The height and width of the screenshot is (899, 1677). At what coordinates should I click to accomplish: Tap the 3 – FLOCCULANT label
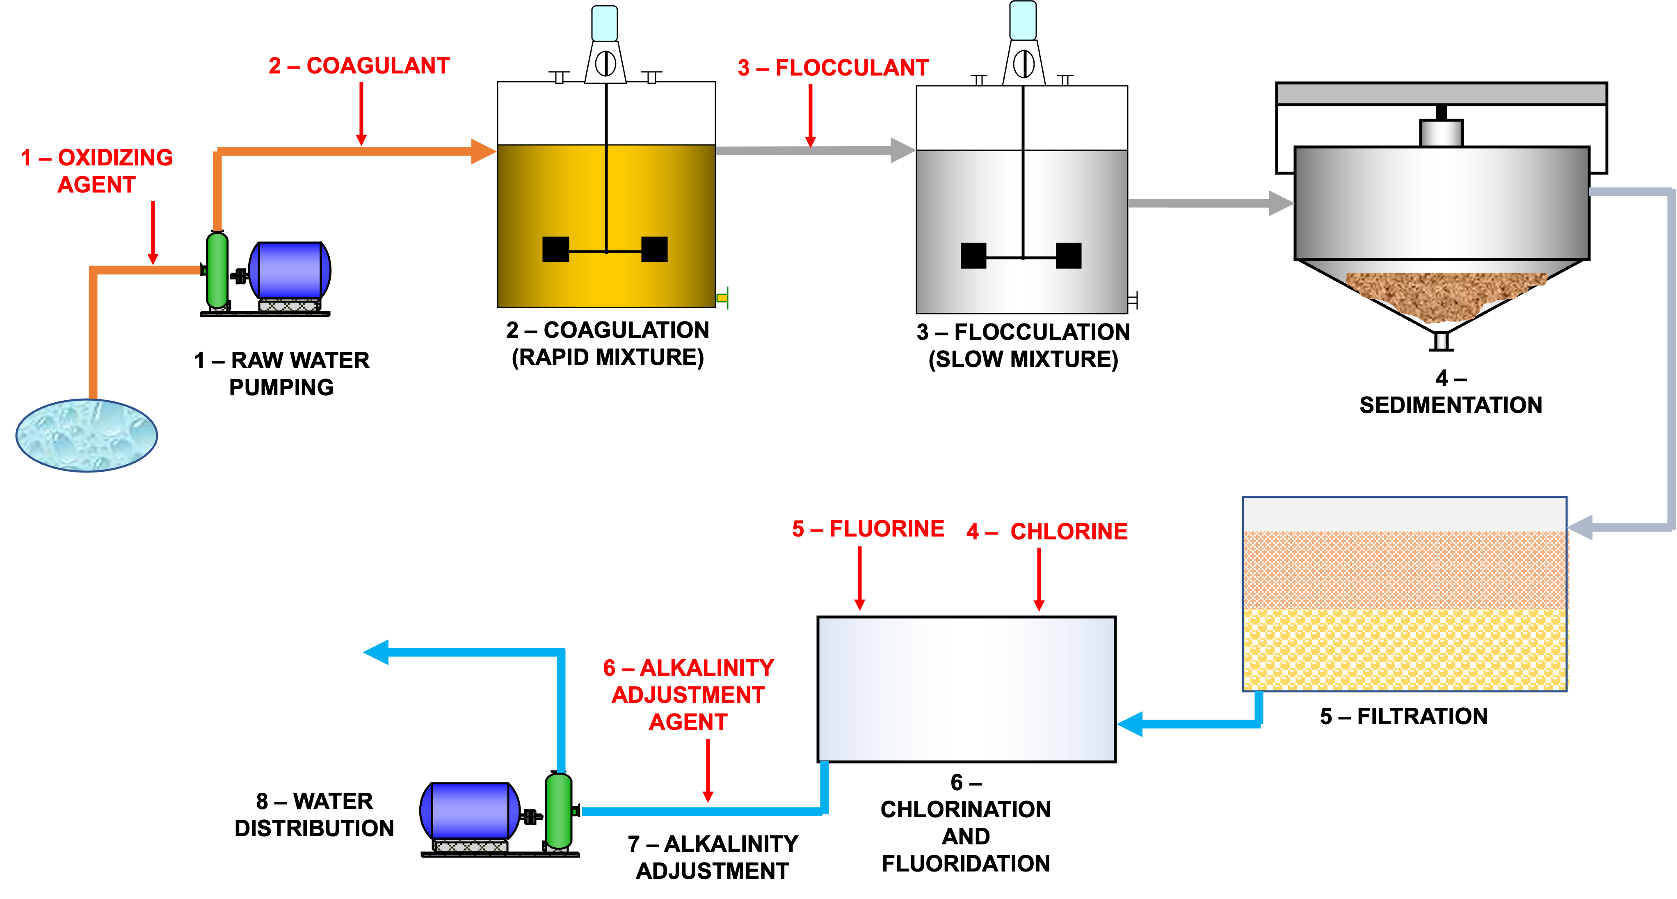tap(833, 68)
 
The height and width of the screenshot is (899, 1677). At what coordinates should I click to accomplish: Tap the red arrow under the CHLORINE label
tap(1039, 580)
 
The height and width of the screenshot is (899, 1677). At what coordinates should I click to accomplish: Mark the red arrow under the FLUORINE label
tap(860, 580)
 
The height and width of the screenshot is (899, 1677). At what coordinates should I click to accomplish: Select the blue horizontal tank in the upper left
tap(290, 271)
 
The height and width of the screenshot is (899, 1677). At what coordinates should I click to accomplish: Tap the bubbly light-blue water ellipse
tap(86, 434)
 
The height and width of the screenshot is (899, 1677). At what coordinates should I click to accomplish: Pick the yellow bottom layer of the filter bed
tap(1405, 649)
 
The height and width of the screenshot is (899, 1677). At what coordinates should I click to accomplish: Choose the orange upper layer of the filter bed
tap(1405, 570)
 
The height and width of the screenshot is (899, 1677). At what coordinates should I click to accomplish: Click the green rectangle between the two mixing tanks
tap(814, 305)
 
